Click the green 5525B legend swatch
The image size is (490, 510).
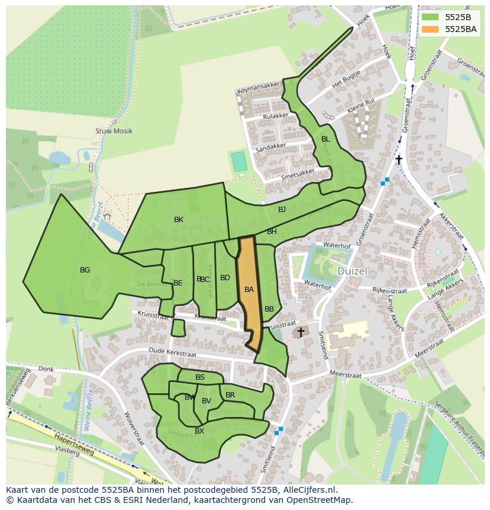pyautogui.click(x=430, y=17)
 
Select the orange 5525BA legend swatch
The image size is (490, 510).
pyautogui.click(x=430, y=29)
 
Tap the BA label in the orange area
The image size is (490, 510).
pyautogui.click(x=249, y=290)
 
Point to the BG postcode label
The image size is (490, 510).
pyautogui.click(x=85, y=270)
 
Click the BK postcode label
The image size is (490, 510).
pyautogui.click(x=179, y=220)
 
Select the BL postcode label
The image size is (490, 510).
pyautogui.click(x=325, y=139)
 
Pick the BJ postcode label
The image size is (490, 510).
pyautogui.click(x=282, y=210)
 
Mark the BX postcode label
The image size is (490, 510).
pyautogui.click(x=199, y=431)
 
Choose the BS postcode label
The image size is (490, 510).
pyautogui.click(x=200, y=377)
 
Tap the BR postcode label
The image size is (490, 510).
pyautogui.click(x=230, y=395)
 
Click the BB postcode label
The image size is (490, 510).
pyautogui.click(x=269, y=309)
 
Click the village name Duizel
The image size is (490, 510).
pyautogui.click(x=353, y=271)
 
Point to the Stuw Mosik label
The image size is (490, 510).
pyautogui.click(x=114, y=131)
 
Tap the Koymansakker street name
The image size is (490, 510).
pyautogui.click(x=257, y=91)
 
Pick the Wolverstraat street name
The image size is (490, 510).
pyautogui.click(x=134, y=429)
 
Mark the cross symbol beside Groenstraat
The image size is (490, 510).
pyautogui.click(x=399, y=160)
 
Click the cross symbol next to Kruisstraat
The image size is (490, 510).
pyautogui.click(x=301, y=332)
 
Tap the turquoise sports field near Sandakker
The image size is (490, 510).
pyautogui.click(x=238, y=162)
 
